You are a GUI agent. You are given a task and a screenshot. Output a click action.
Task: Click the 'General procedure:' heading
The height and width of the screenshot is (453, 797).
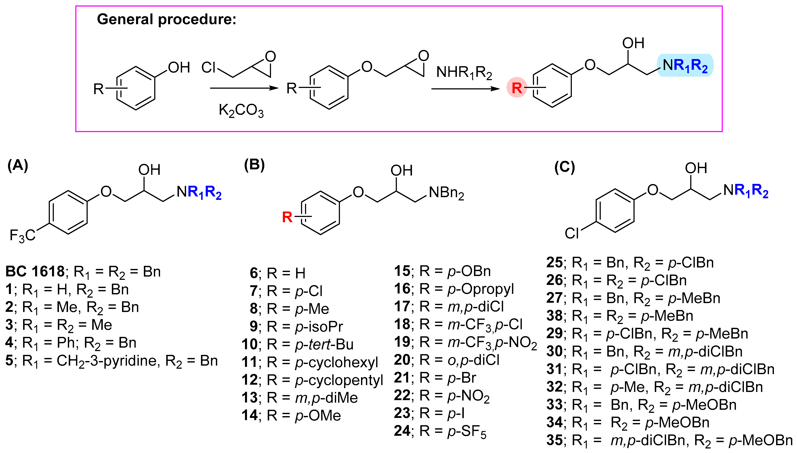[167, 19]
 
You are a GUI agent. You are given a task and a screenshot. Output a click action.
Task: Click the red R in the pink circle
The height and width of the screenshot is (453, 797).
[517, 88]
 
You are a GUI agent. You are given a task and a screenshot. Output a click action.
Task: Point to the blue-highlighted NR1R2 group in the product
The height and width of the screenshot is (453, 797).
[685, 65]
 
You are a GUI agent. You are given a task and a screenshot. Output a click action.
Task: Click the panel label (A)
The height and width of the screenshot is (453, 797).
[18, 165]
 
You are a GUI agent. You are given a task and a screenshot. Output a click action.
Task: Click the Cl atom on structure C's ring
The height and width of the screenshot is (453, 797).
[572, 233]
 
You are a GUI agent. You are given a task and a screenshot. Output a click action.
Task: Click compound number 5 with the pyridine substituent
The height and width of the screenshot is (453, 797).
[9, 361]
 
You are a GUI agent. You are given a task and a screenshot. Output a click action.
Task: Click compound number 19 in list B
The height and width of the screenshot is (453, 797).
[402, 342]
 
